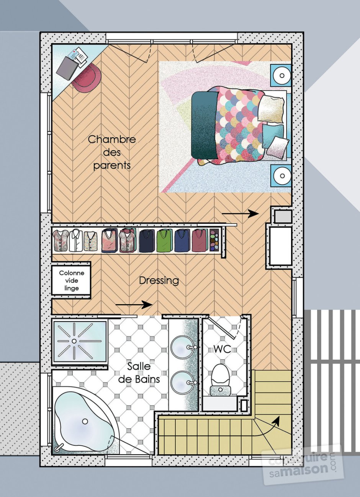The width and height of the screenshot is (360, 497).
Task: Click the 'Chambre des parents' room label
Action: [112, 152]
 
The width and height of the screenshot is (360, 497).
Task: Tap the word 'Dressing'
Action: [159, 281]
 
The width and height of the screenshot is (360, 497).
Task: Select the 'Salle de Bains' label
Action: [139, 373]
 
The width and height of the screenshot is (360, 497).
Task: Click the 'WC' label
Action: [222, 349]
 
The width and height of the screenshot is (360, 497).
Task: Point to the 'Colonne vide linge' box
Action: [71, 280]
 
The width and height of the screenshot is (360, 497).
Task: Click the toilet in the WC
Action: [220, 379]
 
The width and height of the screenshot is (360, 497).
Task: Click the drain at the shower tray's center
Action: [74, 341]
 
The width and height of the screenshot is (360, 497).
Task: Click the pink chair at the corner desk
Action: [87, 77]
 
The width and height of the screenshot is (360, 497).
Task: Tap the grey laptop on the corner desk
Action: [67, 68]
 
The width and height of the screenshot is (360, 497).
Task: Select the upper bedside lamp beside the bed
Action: [281, 75]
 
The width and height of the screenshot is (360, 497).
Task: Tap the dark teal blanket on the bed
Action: [205, 125]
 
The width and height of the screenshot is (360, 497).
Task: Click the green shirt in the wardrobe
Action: [165, 241]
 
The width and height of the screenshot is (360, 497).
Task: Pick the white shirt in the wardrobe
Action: [76, 241]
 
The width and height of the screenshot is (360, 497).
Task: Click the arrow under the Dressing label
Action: [134, 305]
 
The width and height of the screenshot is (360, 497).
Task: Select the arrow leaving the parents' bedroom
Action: [240, 213]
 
